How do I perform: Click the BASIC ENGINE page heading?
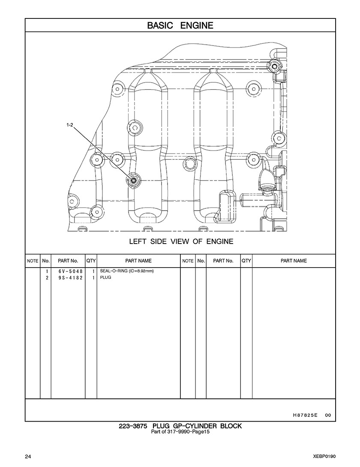(x=180, y=25)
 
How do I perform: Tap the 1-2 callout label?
(x=70, y=125)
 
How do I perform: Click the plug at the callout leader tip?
(x=134, y=181)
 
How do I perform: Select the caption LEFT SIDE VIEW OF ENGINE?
(x=181, y=241)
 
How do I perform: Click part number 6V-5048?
(x=67, y=271)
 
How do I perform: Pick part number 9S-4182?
(x=67, y=278)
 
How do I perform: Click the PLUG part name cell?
(x=105, y=278)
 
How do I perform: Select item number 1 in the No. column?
(x=46, y=271)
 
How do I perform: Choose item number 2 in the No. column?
(x=46, y=278)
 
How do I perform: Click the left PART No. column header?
(x=68, y=261)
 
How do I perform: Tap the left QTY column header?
(x=91, y=261)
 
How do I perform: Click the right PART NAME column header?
(x=294, y=261)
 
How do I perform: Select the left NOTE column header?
(x=33, y=261)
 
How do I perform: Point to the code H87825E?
(x=305, y=415)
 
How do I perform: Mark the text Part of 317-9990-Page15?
(x=180, y=431)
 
